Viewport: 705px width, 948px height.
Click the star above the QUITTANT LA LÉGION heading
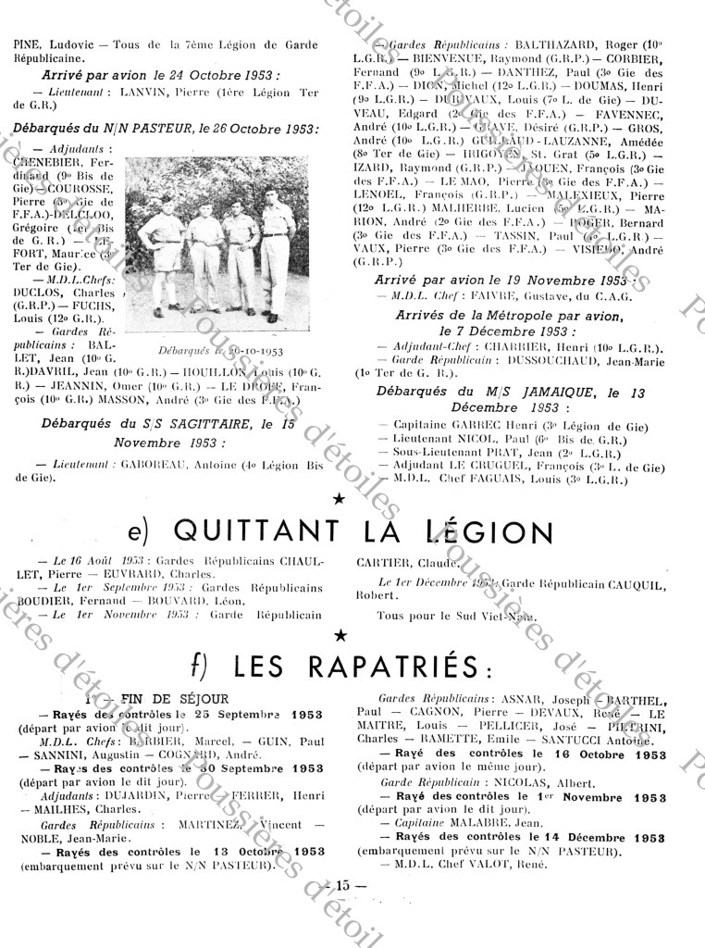coord(340,499)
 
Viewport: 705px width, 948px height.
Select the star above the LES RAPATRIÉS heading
coord(340,634)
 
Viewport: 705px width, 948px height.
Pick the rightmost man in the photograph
coord(276,245)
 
